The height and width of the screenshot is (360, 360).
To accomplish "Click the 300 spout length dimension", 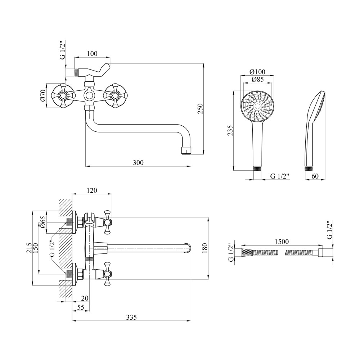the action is click(x=138, y=163).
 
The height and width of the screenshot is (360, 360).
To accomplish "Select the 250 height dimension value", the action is click(x=200, y=109).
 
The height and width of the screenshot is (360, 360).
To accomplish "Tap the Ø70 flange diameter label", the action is click(x=43, y=96).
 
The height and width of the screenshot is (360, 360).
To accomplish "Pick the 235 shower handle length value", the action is click(x=230, y=130).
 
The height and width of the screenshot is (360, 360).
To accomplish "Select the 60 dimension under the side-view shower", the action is click(x=315, y=176).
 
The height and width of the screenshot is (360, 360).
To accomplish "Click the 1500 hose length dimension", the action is click(x=282, y=242).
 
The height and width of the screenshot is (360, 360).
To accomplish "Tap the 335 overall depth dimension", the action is click(x=131, y=317).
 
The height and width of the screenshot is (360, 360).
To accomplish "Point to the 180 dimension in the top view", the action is click(x=205, y=248).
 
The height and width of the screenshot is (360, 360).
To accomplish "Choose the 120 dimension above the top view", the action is click(x=92, y=190).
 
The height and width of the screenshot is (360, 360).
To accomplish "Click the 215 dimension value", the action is click(x=29, y=248).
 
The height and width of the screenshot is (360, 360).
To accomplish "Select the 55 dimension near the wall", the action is click(x=81, y=307).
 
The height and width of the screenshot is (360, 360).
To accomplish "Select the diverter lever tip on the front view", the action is click(x=107, y=66).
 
